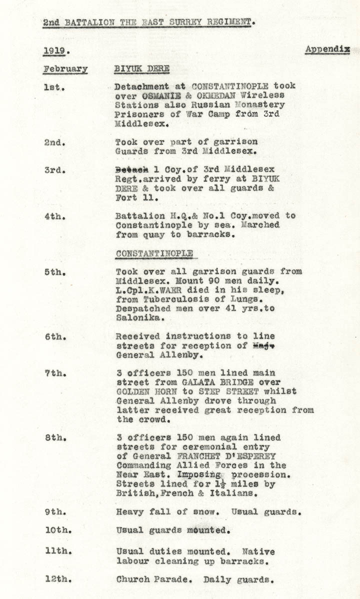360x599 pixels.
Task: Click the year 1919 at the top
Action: point(55,51)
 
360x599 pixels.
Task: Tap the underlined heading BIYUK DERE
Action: point(142,68)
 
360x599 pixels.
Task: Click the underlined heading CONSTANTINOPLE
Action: point(154,253)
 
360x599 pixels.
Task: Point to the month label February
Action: point(65,69)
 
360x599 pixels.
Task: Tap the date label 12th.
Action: point(57,580)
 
